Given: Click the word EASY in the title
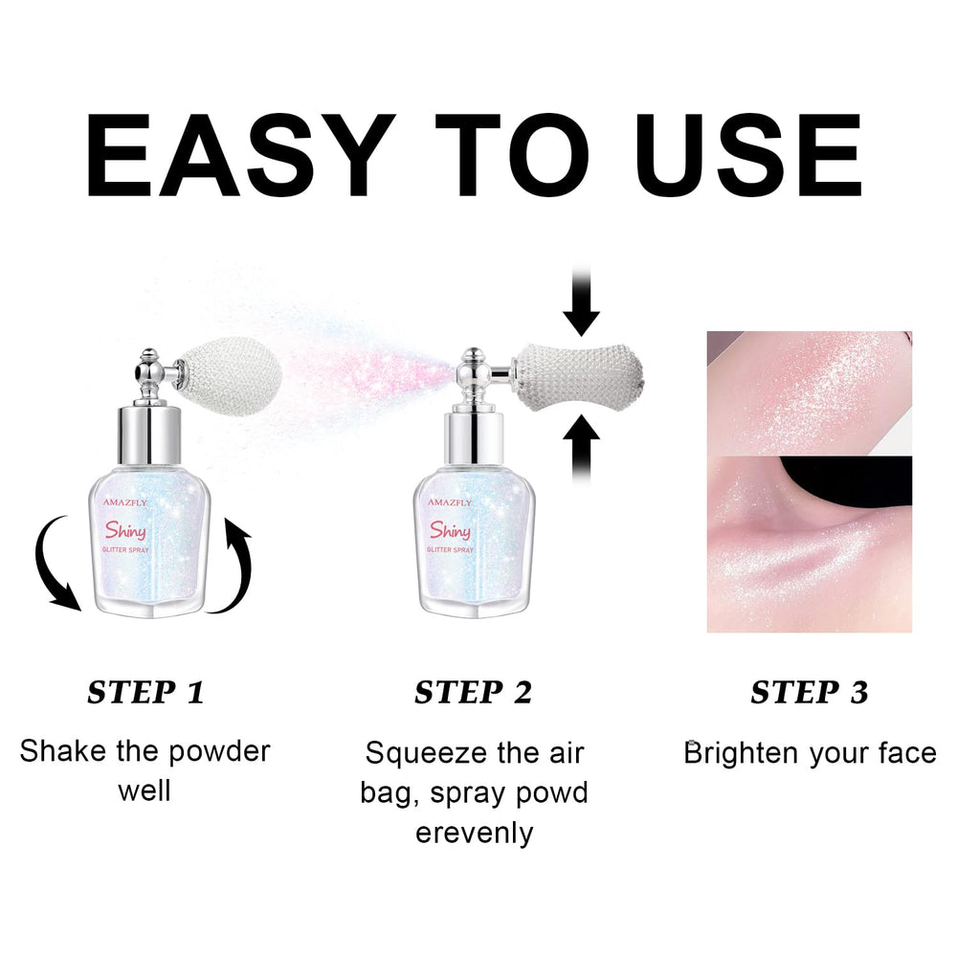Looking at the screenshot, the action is coord(240,155).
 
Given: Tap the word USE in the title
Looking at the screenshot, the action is coord(748,155).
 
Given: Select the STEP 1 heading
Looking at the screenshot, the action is coord(145,693).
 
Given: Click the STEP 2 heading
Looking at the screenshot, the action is coord(473,693).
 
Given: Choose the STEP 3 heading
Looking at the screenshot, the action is coord(810,693).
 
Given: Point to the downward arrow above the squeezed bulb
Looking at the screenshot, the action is coord(581,300).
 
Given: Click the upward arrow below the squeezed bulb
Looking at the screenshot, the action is coord(581,449).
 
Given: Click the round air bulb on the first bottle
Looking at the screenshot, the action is coord(230,376).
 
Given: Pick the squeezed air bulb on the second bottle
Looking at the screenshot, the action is coord(579,376).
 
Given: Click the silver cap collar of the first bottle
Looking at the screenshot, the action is coord(149,435).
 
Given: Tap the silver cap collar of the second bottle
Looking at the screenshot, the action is coord(474,438).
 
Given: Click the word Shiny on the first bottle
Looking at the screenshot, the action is coord(125,530).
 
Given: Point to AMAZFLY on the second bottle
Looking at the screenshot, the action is coord(449,502).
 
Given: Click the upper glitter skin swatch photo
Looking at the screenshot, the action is coord(810,393).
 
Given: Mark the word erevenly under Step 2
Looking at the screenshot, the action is coord(475,834).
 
